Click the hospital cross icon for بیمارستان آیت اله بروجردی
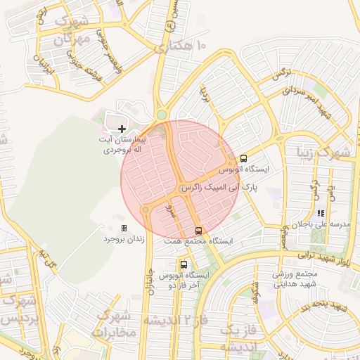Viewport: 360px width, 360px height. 122,129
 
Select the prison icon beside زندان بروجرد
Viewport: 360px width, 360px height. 124,229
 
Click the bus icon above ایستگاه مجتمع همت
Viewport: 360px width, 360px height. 198,230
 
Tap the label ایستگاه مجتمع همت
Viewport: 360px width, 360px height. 198,240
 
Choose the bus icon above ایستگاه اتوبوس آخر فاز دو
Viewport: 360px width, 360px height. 184,265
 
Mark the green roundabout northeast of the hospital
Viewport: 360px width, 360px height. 162,115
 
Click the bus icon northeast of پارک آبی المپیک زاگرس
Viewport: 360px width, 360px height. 243,159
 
